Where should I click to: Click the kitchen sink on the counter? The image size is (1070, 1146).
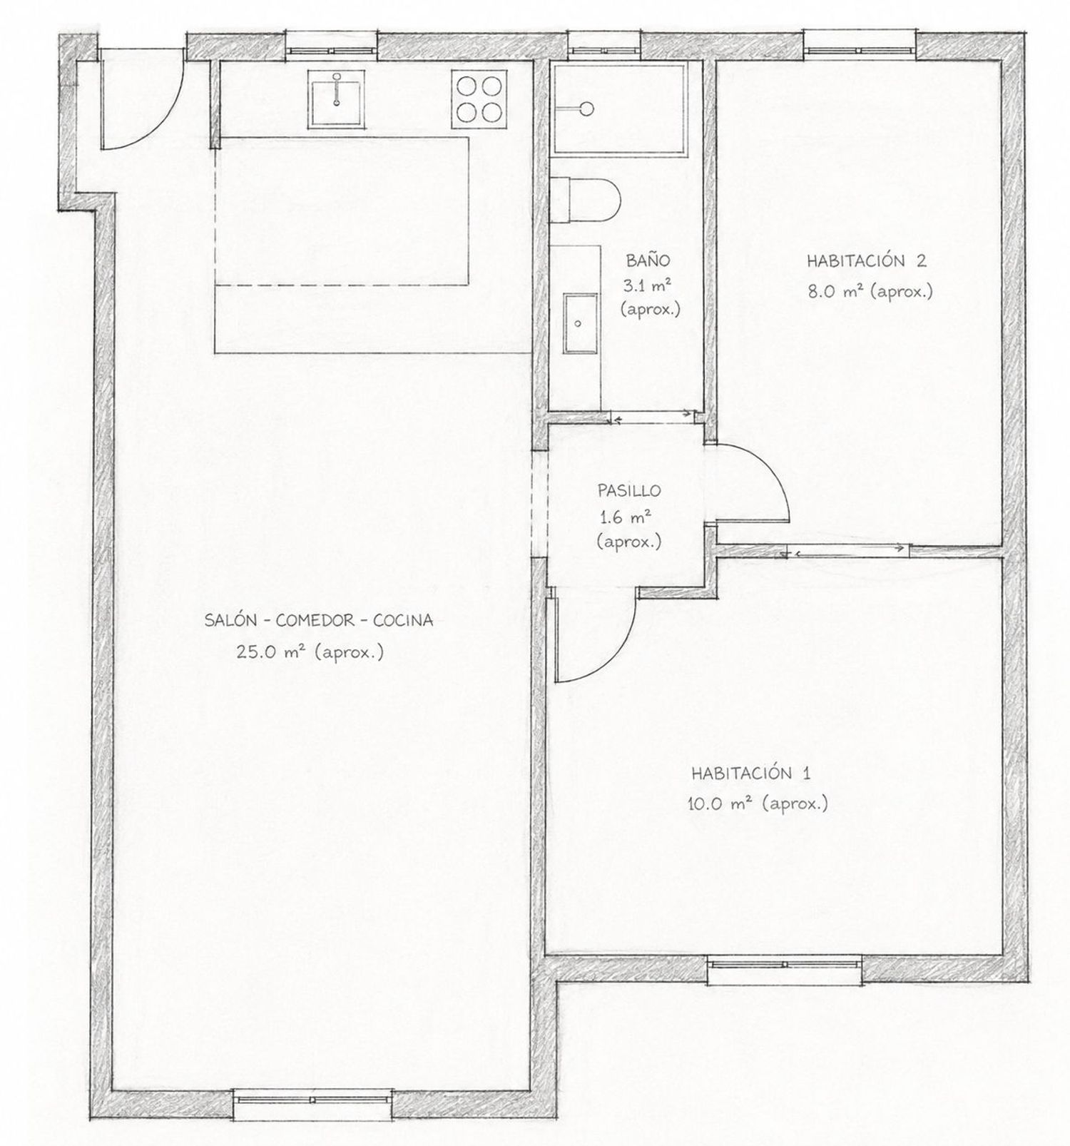[335, 97]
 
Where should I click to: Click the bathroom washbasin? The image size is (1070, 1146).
[579, 323]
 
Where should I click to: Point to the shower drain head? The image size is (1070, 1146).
[586, 108]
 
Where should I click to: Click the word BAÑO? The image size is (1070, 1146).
[648, 260]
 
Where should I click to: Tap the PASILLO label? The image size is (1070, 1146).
[629, 491]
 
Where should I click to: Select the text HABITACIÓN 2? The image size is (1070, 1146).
[867, 260]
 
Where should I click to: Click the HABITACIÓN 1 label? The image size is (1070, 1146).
[750, 774]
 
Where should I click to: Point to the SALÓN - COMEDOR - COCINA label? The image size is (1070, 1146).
[319, 621]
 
